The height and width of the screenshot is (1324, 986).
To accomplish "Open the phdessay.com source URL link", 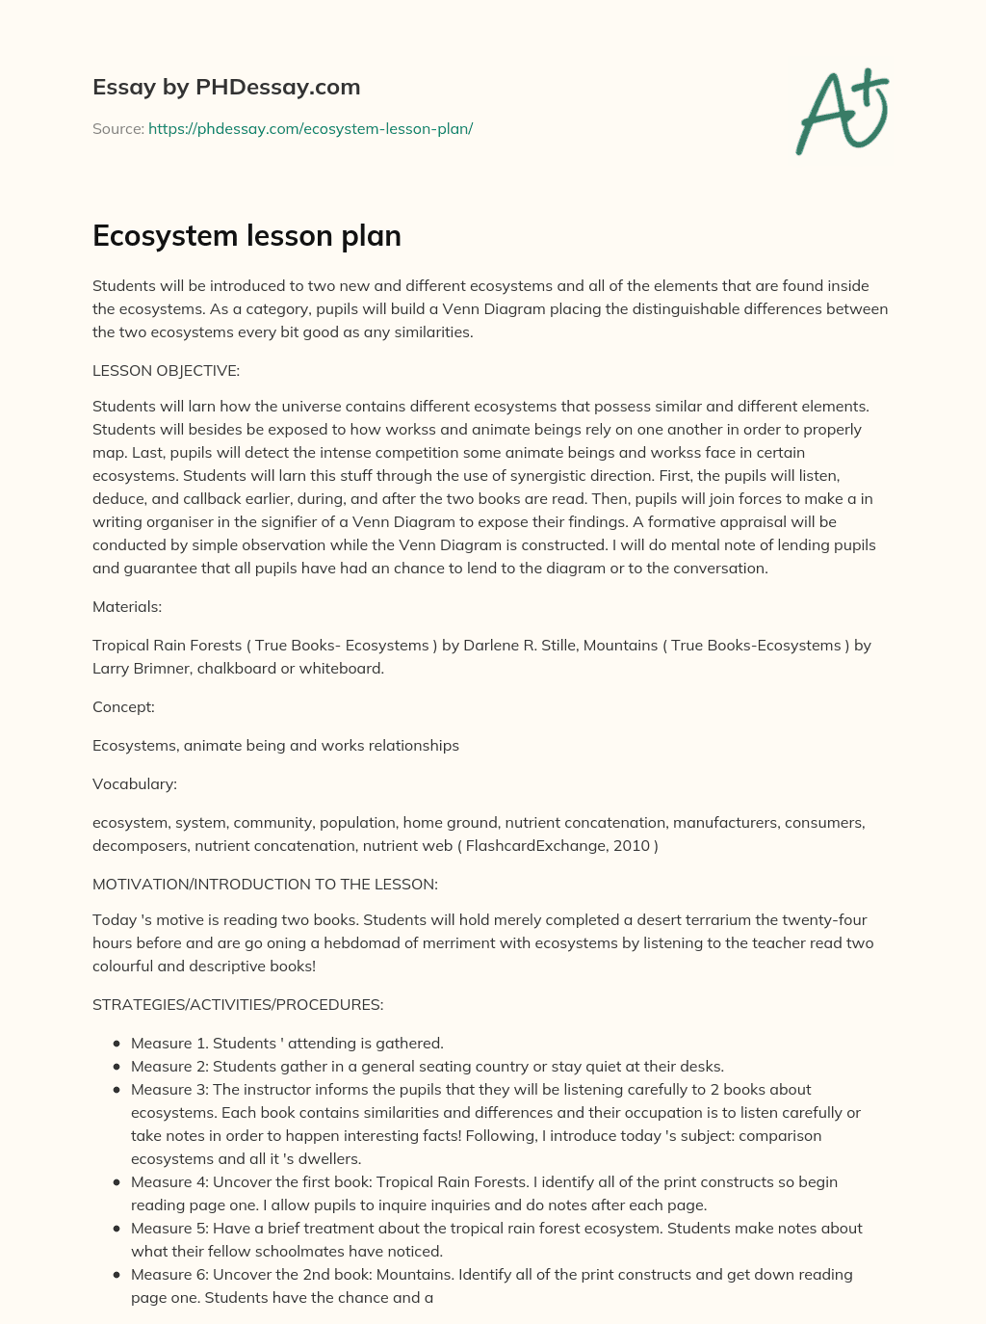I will pyautogui.click(x=310, y=128).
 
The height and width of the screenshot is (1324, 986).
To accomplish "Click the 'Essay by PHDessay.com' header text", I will pyautogui.click(x=226, y=87).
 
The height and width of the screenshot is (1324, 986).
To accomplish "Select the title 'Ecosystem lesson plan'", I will pyautogui.click(x=246, y=236).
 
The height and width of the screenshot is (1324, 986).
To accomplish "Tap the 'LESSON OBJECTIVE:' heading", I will pyautogui.click(x=166, y=370).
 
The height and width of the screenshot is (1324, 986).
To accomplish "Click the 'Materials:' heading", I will pyautogui.click(x=127, y=606).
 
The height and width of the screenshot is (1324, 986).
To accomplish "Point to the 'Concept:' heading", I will pyautogui.click(x=123, y=706).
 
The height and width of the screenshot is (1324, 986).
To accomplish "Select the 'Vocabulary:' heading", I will pyautogui.click(x=135, y=783).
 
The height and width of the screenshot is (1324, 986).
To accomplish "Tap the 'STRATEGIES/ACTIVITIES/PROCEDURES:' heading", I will pyautogui.click(x=238, y=1004).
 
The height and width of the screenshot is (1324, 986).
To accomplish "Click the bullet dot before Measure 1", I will pyautogui.click(x=117, y=1044).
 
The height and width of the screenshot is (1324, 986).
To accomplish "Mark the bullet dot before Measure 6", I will pyautogui.click(x=117, y=1275).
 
